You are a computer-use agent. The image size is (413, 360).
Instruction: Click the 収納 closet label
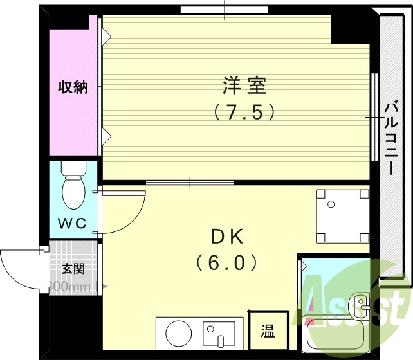(x=73, y=87)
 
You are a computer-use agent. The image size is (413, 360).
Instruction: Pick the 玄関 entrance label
(x=73, y=269)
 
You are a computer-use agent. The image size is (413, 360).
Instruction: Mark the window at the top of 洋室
(x=224, y=9)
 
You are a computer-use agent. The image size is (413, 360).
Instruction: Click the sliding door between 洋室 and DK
(x=189, y=183)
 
